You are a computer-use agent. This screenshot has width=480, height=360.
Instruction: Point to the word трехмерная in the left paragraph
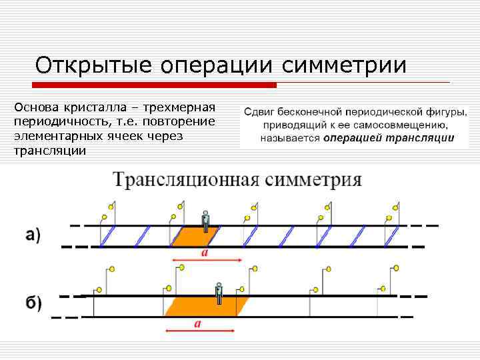tap(181, 108)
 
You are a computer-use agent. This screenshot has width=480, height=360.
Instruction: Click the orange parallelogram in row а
tap(197, 236)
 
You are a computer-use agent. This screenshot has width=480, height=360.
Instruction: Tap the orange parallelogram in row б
tap(204, 306)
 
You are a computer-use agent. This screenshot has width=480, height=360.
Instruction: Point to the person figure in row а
tap(206, 219)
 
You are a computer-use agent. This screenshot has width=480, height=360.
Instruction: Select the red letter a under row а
tap(203, 253)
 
